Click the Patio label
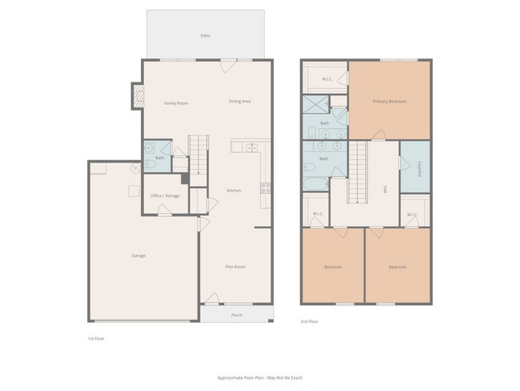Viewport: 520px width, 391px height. tap(205, 36)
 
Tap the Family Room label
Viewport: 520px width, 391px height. tap(176, 103)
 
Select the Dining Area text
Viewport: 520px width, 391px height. tap(240, 102)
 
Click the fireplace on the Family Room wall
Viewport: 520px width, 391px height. tap(138, 96)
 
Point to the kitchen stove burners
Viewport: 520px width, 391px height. tap(265, 188)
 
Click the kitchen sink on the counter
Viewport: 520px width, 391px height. tap(252, 147)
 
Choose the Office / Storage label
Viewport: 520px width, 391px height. tap(165, 195)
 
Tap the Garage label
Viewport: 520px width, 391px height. tap(139, 256)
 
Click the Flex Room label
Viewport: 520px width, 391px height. tap(234, 266)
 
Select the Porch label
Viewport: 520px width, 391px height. tap(237, 314)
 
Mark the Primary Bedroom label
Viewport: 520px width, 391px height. tap(390, 102)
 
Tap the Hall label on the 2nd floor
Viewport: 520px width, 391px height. tap(385, 189)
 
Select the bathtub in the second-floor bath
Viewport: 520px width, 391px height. tap(315, 183)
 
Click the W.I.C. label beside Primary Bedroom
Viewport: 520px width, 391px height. tap(327, 79)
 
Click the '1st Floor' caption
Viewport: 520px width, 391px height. tap(96, 338)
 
